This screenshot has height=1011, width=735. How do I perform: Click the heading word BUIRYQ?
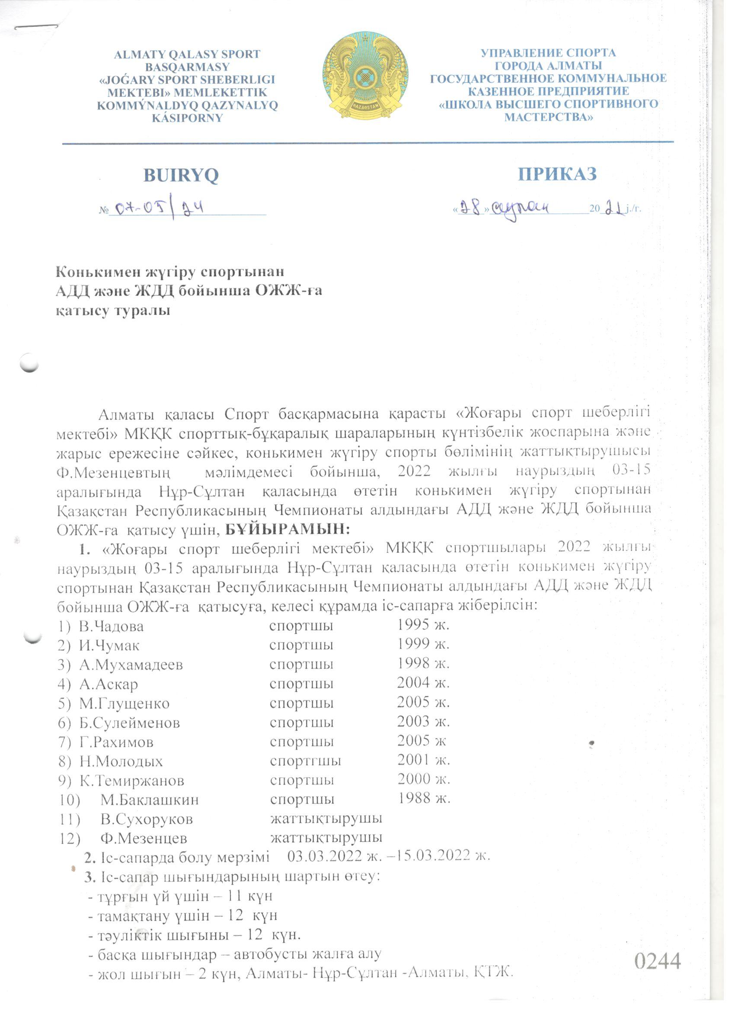[x=181, y=175]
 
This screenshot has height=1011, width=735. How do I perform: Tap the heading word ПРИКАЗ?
[x=557, y=174]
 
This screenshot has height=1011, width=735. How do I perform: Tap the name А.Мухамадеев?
[x=131, y=665]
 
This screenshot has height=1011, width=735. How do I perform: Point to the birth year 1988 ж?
[x=424, y=798]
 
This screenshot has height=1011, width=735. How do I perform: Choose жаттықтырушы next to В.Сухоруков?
[x=326, y=819]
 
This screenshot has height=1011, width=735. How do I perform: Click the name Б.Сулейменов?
[x=130, y=723]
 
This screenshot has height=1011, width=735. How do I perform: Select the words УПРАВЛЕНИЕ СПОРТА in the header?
[x=548, y=53]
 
